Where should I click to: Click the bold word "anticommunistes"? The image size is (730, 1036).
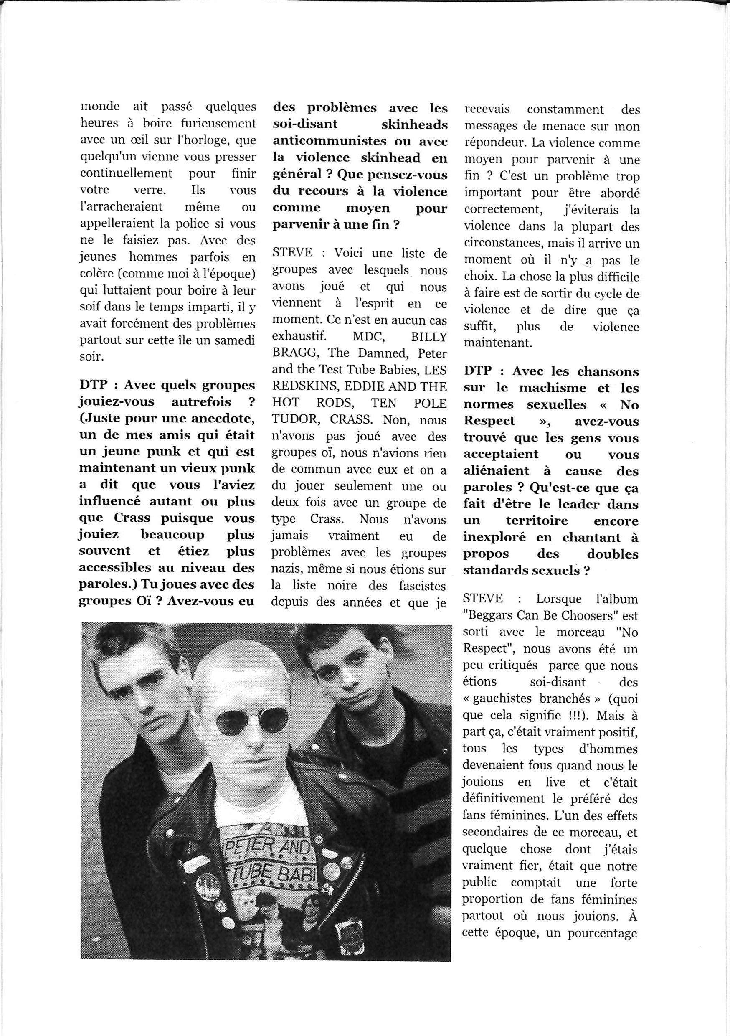click(324, 141)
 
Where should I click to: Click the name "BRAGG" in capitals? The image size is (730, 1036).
click(294, 353)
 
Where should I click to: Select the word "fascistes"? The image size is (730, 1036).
click(422, 586)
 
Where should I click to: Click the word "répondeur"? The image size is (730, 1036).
click(494, 143)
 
